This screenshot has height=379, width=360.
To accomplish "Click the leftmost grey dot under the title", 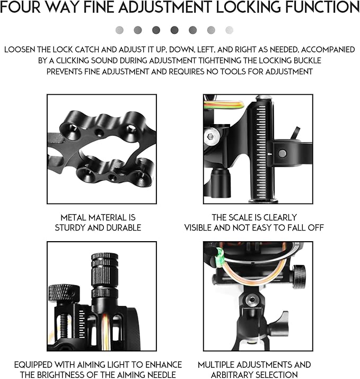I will tap(120, 30).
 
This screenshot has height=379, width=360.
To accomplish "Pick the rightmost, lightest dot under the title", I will tap(229, 30).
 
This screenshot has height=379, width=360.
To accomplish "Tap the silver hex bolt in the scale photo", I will tap(212, 137).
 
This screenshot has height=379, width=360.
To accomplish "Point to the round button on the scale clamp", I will tap(282, 154).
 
